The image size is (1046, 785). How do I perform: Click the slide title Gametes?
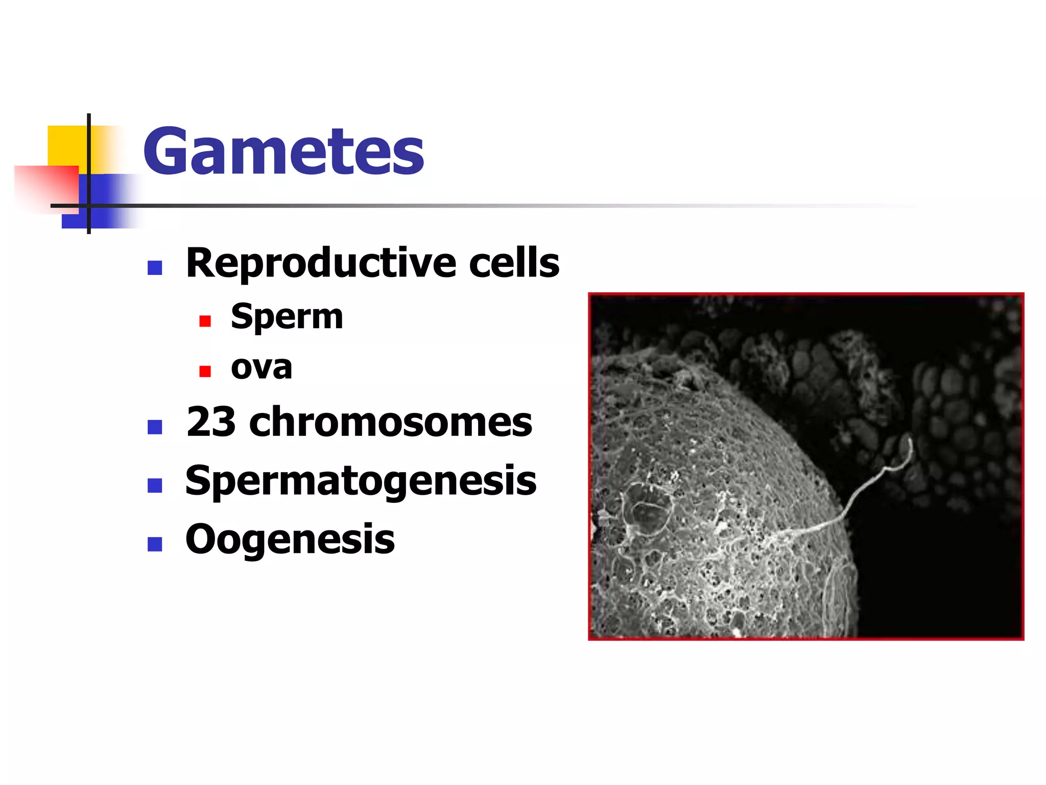click(x=283, y=151)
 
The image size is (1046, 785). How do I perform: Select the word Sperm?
click(x=287, y=317)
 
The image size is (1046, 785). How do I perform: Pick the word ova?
click(x=261, y=367)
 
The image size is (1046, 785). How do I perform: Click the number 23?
click(x=211, y=422)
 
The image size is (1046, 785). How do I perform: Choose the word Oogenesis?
click(x=290, y=540)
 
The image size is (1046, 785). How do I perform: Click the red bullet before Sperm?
click(x=205, y=321)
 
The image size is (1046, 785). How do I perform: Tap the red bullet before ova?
click(x=205, y=371)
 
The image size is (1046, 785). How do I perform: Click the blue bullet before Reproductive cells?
click(x=155, y=268)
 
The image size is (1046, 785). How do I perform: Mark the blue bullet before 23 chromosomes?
click(x=155, y=427)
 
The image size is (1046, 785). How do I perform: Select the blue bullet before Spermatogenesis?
click(x=155, y=485)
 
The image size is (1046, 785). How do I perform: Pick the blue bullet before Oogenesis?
click(x=155, y=544)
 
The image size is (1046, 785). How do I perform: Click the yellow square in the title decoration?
click(x=66, y=146)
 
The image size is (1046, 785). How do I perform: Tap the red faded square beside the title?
click(x=46, y=187)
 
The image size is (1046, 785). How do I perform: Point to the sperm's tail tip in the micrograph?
click(x=909, y=442)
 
